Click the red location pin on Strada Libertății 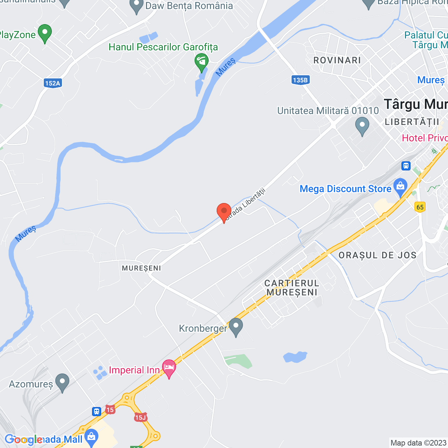point(224,212)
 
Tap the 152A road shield point(53,83)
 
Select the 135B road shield point(300,80)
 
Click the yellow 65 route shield point(420,207)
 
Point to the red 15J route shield point(140,417)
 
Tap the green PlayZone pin point(45,33)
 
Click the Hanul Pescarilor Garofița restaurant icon point(202,62)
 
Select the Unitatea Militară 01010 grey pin point(362,126)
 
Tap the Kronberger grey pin point(236,327)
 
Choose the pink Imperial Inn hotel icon point(169,368)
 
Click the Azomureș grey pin point(62,383)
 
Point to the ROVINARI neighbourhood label point(337,60)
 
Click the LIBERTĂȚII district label point(412,122)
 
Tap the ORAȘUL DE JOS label point(377,255)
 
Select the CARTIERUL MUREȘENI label point(292,288)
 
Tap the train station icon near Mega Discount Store point(406,166)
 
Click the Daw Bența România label point(189,6)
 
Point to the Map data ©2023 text point(418,443)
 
